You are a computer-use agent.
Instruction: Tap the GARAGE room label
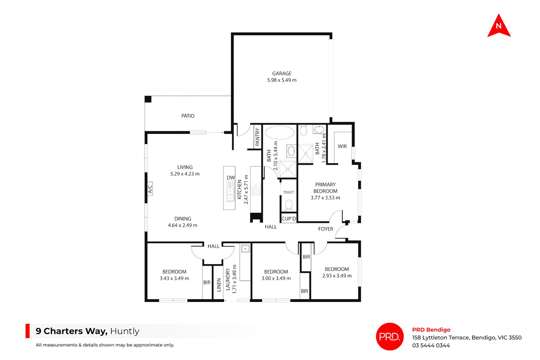(282, 74)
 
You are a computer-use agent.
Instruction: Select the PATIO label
(188, 116)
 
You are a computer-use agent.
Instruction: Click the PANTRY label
(258, 137)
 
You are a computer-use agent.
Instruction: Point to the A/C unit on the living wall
(150, 189)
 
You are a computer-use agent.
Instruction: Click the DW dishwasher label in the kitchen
(231, 177)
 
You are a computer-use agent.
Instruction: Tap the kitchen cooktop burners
(255, 189)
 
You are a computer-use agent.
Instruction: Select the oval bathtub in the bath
(280, 132)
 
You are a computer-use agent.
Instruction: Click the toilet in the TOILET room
(289, 205)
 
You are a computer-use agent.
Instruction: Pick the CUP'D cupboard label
(289, 219)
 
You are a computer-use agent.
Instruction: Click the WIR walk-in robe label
(342, 146)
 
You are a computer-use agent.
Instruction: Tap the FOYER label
(325, 229)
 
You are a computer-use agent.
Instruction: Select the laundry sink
(245, 248)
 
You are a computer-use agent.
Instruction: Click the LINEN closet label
(219, 285)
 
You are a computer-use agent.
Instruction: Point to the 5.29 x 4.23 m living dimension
(185, 174)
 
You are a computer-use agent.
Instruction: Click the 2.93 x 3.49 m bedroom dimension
(337, 276)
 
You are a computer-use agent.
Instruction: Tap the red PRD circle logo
(389, 336)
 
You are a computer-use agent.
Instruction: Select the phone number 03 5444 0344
(431, 345)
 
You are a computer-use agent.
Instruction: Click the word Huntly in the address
(125, 331)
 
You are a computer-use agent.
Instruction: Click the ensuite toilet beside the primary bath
(303, 131)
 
